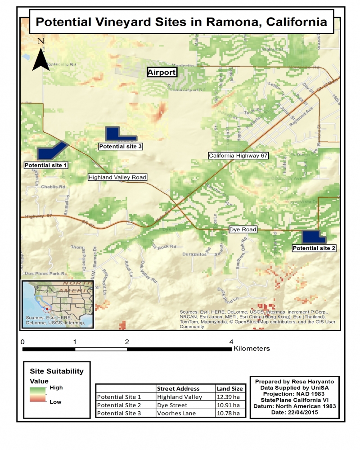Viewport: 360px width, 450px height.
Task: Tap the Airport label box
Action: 162,72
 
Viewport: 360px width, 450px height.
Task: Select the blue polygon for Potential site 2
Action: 312,237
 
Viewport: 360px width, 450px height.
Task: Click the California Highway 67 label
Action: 238,156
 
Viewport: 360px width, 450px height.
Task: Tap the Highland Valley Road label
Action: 117,177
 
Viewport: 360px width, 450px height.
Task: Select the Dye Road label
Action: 243,229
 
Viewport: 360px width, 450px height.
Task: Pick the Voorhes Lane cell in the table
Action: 176,413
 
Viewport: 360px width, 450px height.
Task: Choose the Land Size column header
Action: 229,388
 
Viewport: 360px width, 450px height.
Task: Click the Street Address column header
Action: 178,388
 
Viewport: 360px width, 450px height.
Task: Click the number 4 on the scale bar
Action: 232,342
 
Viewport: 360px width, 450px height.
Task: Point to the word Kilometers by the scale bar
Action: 252,348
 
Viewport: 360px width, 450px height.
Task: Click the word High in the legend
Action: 56,387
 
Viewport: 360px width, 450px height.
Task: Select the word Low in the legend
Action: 56,402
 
